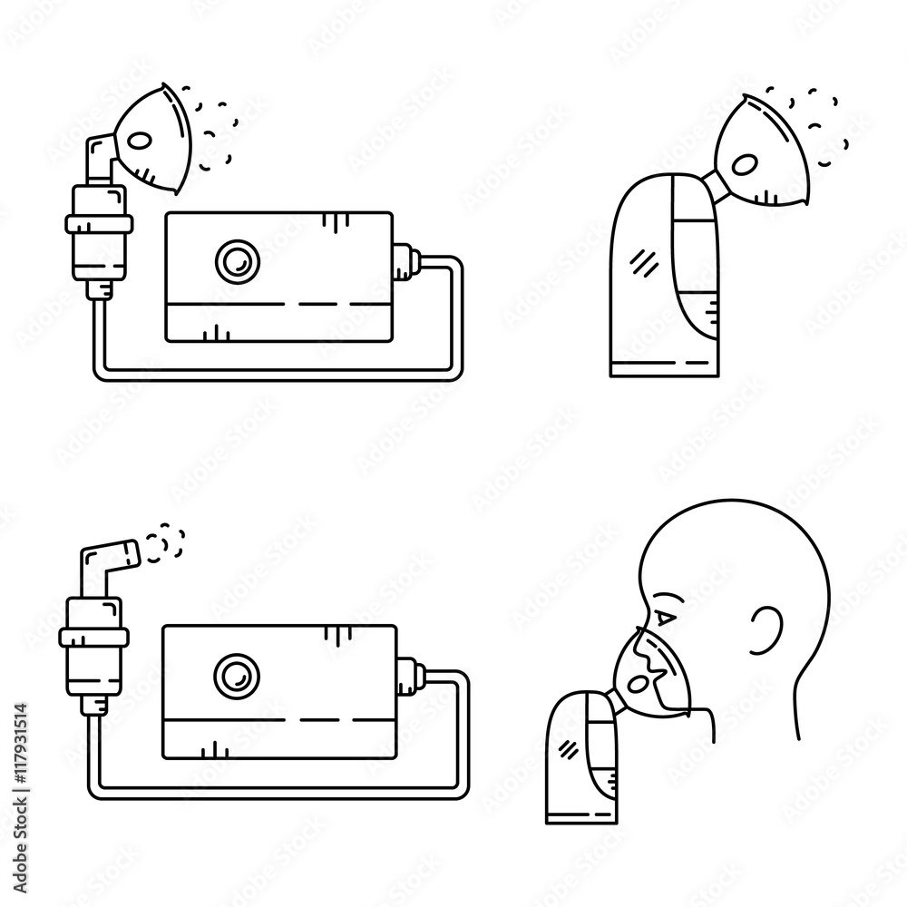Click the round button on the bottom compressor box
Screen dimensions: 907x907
point(234,675)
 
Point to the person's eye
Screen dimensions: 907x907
point(666,619)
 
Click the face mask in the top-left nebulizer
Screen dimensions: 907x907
point(155,136)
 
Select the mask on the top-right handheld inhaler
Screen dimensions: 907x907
point(761,151)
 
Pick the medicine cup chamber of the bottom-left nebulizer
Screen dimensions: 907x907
point(88,640)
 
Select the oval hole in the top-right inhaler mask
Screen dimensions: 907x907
point(745,164)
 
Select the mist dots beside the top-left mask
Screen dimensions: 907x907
point(208,127)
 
